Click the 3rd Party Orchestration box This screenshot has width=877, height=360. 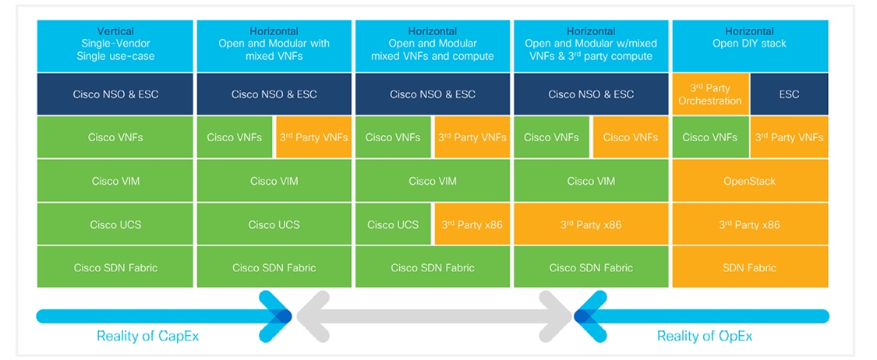710,94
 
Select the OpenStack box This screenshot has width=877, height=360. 749,181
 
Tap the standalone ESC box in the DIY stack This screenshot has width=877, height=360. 789,94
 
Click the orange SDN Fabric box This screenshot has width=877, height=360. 749,267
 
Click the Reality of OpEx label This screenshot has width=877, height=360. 704,336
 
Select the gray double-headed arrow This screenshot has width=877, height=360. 433,316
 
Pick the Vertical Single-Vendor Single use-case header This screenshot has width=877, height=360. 115,44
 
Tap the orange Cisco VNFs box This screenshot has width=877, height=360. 631,137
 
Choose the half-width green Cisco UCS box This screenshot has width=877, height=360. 393,224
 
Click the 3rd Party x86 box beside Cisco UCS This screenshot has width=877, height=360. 472,224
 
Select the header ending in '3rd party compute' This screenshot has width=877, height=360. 591,44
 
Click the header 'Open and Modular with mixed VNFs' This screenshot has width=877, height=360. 274,44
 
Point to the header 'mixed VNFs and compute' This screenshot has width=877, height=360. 433,44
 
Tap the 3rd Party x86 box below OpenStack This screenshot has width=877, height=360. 749,224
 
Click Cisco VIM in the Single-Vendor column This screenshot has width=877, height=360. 115,181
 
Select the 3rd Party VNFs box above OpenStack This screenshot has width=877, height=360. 789,137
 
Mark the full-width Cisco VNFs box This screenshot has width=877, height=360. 115,137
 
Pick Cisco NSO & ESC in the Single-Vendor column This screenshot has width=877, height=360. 115,94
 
